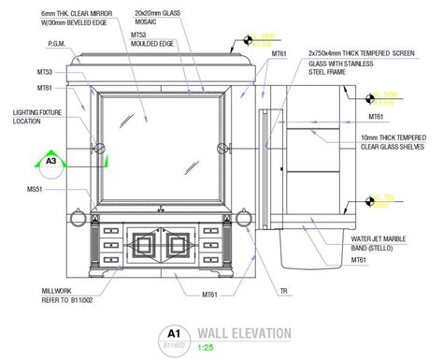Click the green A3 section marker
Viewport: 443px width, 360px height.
(51, 162)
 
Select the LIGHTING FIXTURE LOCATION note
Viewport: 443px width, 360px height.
(36, 116)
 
